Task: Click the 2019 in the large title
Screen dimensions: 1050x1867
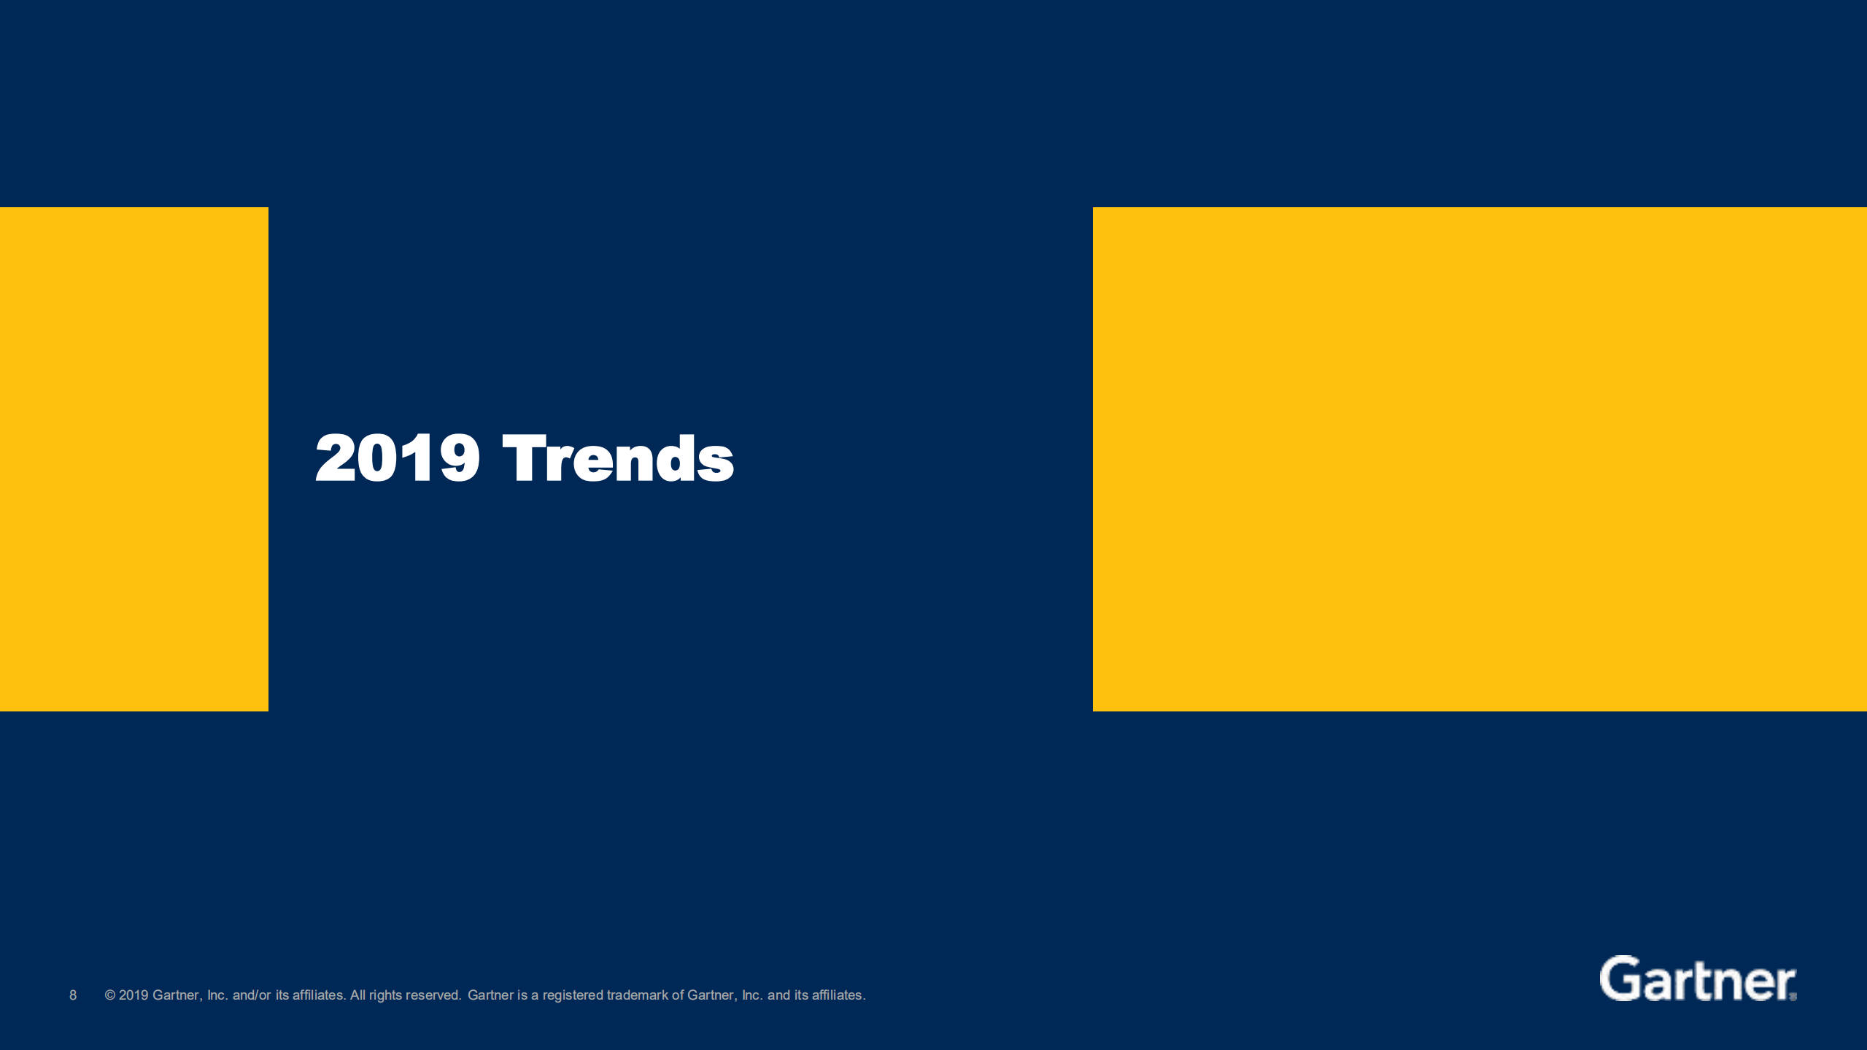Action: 398,458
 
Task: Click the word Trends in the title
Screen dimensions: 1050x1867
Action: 618,458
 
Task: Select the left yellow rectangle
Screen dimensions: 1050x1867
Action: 134,459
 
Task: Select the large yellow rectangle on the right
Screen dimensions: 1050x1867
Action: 1479,459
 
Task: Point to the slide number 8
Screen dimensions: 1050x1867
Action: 73,995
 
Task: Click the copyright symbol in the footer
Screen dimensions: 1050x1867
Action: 110,995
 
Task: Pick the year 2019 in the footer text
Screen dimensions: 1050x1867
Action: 134,995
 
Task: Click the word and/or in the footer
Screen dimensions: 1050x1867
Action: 252,995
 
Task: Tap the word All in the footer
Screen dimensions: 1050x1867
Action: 357,995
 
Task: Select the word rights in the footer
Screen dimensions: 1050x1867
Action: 385,995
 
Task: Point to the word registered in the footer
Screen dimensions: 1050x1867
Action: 573,995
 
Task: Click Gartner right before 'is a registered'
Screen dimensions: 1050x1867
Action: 490,995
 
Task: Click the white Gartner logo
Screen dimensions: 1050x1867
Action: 1696,979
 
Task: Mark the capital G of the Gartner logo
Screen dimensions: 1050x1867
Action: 1617,978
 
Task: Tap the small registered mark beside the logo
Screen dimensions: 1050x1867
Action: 1793,997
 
